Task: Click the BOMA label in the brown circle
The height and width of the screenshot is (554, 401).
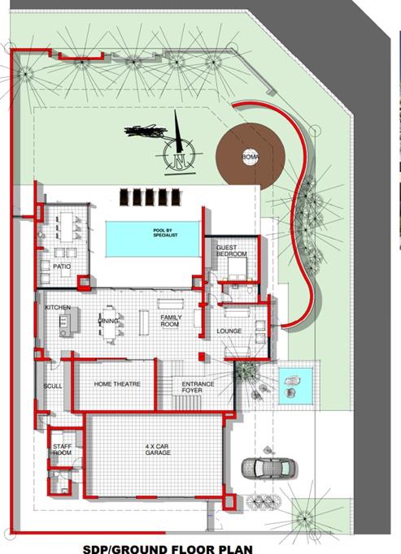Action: [x=251, y=157]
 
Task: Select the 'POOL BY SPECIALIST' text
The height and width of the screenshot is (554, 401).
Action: [x=165, y=233]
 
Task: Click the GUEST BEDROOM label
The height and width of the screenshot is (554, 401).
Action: [x=232, y=251]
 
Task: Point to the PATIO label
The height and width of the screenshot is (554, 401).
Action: [x=62, y=266]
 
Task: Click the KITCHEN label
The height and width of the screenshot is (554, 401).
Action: [x=58, y=308]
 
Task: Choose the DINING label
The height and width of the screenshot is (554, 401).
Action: [x=108, y=321]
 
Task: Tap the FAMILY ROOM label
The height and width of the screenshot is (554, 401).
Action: [x=171, y=321]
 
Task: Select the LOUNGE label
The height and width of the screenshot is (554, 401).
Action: [x=229, y=331]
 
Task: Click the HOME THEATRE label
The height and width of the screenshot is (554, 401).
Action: [x=117, y=384]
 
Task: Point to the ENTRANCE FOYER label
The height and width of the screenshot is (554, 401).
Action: [x=198, y=387]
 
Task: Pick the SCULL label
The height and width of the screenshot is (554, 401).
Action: [x=53, y=386]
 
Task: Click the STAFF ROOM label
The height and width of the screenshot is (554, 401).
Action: [x=63, y=450]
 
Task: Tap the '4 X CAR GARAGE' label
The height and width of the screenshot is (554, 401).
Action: [x=158, y=449]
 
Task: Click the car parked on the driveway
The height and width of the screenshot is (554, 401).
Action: [x=268, y=469]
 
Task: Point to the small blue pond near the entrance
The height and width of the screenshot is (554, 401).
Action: [x=295, y=386]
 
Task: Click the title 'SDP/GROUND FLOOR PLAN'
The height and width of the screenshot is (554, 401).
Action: [x=168, y=548]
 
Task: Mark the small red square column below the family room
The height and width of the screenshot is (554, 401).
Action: [x=202, y=357]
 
